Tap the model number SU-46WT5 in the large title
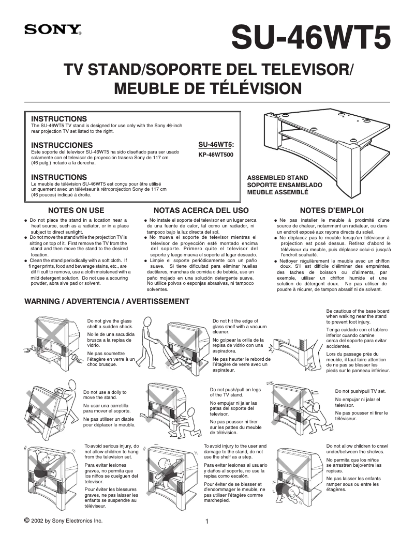(x=310, y=37)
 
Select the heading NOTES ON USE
(x=76, y=210)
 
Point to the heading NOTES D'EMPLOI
(x=332, y=210)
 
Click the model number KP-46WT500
(x=216, y=154)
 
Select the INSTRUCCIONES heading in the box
(x=62, y=145)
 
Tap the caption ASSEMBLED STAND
(x=277, y=178)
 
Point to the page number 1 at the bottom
(x=207, y=521)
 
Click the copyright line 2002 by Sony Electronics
(x=63, y=520)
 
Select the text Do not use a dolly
(x=105, y=395)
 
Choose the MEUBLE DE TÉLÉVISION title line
(x=207, y=88)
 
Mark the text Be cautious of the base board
(x=358, y=314)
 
